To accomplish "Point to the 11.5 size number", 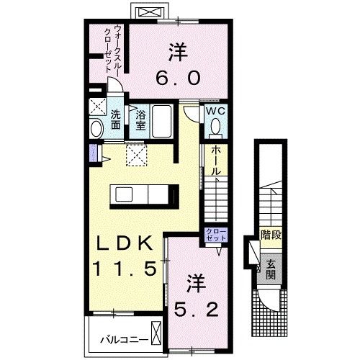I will click(x=124, y=269).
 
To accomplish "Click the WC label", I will click(x=215, y=112).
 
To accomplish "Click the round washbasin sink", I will click(x=96, y=128).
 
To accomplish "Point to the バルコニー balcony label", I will click(x=120, y=336).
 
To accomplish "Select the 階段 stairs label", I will click(x=270, y=235).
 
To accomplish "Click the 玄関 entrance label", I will click(x=271, y=270).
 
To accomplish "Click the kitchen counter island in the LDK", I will click(x=145, y=194).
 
